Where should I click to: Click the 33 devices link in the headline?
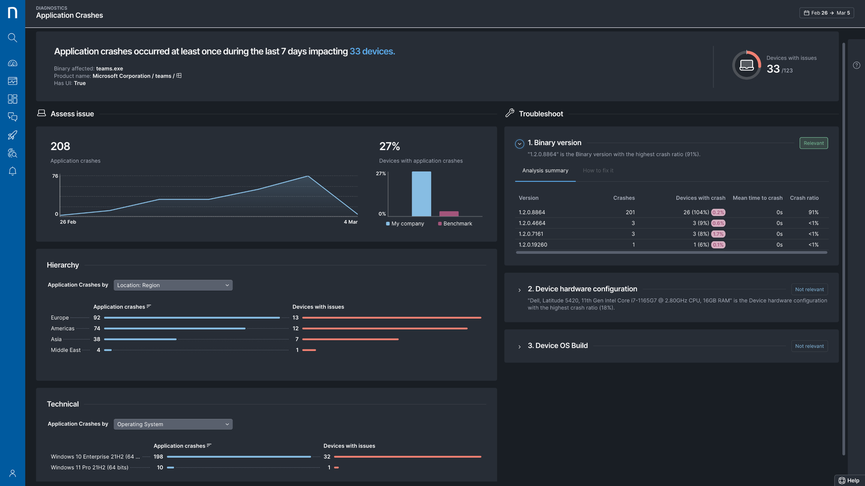[x=371, y=51]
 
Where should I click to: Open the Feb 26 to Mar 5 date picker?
[x=826, y=13]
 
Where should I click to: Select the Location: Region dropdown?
[x=173, y=285]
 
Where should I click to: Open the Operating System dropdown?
[x=173, y=424]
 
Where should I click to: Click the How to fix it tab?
[x=598, y=171]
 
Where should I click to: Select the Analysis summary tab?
[x=545, y=171]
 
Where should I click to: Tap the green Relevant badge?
[x=813, y=143]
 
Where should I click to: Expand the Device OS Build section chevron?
[x=520, y=347]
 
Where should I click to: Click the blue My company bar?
[x=421, y=193]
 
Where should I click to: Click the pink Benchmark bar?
[x=448, y=214]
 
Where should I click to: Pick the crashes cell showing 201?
[x=630, y=212]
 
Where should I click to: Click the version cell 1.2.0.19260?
[x=533, y=245]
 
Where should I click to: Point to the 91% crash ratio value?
[x=813, y=212]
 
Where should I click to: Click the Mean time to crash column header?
[x=757, y=198]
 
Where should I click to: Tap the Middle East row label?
[x=66, y=350]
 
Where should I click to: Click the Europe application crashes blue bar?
[x=192, y=317]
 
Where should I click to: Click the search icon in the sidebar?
[x=13, y=38]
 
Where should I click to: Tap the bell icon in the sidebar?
[x=13, y=171]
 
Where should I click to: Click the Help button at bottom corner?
[x=849, y=480]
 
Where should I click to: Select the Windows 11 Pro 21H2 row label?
[x=89, y=467]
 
